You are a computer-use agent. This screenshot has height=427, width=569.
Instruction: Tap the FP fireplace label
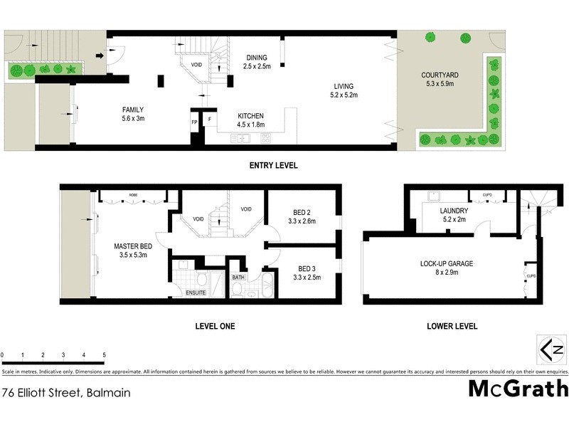(x=194, y=122)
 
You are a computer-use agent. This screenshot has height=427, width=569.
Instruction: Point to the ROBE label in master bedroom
(x=133, y=194)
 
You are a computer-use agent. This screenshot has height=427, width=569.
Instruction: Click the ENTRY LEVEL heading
(x=273, y=166)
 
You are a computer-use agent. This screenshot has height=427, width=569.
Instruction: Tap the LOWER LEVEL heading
(x=452, y=327)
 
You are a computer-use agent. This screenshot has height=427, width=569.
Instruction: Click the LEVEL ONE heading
(x=215, y=327)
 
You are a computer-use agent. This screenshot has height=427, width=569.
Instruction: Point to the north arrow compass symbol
(x=553, y=349)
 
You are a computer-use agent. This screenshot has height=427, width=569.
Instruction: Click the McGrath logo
(x=518, y=389)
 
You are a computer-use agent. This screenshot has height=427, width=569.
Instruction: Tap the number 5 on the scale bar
(x=105, y=354)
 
